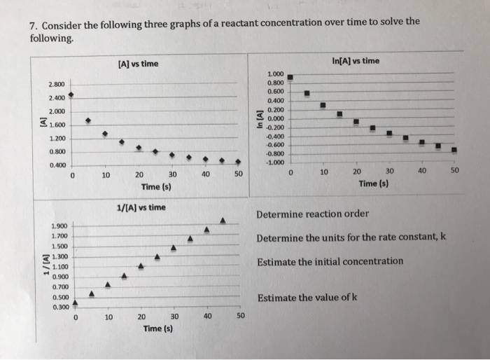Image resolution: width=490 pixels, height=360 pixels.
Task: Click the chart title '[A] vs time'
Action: (x=135, y=64)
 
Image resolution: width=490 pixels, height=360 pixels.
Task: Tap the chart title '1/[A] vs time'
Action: (x=141, y=207)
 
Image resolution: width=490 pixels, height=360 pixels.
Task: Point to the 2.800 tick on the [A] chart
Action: (x=57, y=85)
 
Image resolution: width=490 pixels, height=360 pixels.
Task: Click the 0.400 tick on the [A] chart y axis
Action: (x=57, y=165)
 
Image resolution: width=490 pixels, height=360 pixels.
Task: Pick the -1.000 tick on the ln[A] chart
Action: (x=274, y=162)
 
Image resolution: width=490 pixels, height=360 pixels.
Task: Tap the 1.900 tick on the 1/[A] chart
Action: (x=59, y=226)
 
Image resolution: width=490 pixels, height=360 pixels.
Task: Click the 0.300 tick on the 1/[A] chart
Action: (x=59, y=307)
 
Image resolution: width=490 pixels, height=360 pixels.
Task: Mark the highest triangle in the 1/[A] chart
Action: (x=223, y=221)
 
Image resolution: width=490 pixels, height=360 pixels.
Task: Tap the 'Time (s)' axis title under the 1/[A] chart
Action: (x=157, y=328)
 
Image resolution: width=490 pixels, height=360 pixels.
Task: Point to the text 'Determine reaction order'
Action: (x=312, y=214)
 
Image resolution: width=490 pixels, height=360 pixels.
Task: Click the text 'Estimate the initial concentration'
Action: (x=330, y=261)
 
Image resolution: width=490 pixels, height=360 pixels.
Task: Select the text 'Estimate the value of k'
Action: (x=307, y=298)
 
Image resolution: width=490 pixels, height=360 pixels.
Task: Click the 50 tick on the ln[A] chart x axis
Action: (x=454, y=171)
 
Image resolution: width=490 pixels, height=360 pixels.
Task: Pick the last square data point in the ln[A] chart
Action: (x=454, y=149)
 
